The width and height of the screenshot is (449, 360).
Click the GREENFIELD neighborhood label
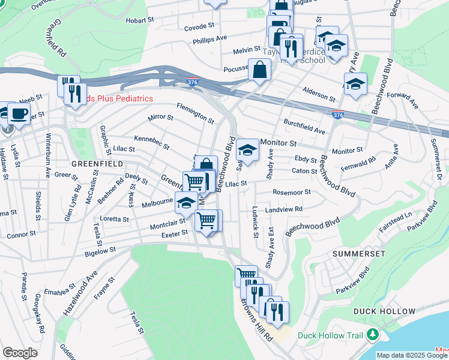[97, 163]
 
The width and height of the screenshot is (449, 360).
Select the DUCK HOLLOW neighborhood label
[384, 311]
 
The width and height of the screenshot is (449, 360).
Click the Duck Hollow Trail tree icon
[374, 334]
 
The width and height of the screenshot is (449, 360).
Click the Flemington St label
[195, 112]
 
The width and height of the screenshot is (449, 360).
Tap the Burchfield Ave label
[304, 126]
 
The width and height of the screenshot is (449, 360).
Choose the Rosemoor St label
[292, 193]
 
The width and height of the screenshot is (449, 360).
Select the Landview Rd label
[284, 209]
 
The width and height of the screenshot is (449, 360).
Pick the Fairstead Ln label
[395, 218]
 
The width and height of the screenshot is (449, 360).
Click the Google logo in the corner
[20, 353]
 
